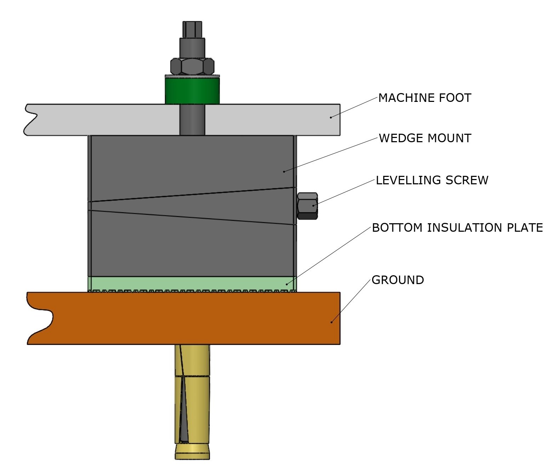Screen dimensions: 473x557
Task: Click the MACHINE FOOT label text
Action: pos(424,98)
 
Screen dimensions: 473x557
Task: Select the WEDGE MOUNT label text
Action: pos(425,138)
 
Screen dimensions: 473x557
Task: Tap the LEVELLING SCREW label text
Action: pos(432,180)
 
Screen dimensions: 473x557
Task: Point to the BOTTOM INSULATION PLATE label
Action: pos(457,228)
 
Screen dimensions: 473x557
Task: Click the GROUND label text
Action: pos(398,280)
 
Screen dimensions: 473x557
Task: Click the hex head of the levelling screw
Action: pos(307,206)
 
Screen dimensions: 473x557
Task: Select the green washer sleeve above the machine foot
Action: pos(192,91)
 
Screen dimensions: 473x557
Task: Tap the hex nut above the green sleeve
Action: pos(192,66)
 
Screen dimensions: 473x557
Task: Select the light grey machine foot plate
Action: pos(106,120)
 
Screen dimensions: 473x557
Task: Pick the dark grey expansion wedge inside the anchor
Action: pos(183,417)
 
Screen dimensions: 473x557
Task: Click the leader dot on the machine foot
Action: pos(331,117)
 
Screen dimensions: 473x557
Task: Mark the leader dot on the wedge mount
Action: pos(284,172)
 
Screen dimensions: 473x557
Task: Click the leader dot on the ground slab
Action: pos(331,322)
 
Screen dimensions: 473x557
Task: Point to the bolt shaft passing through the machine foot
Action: pos(192,120)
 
